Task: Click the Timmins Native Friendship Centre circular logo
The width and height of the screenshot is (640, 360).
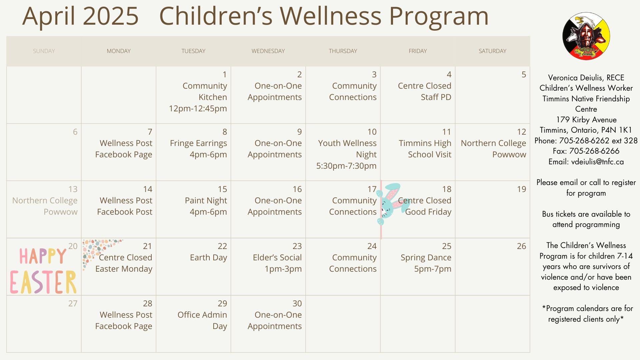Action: pyautogui.click(x=586, y=36)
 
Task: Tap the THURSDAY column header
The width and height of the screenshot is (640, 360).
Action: pyautogui.click(x=343, y=51)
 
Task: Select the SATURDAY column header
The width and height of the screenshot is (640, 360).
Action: pyautogui.click(x=492, y=51)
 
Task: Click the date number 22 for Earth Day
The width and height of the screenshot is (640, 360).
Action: pyautogui.click(x=222, y=246)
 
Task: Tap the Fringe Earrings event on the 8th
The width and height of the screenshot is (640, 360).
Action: pyautogui.click(x=198, y=149)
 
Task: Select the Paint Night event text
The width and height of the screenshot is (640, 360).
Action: pyautogui.click(x=206, y=206)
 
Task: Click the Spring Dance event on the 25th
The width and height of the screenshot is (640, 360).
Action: pyautogui.click(x=426, y=263)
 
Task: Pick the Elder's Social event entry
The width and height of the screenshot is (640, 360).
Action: pyautogui.click(x=277, y=263)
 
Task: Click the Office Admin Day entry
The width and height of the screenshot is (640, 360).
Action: pyautogui.click(x=202, y=320)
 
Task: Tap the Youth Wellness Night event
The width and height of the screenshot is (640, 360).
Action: pyautogui.click(x=346, y=154)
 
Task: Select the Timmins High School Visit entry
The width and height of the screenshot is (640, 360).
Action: pyautogui.click(x=425, y=149)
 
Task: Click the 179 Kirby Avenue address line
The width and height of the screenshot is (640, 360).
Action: pyautogui.click(x=586, y=120)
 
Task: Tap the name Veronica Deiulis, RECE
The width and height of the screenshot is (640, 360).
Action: pyautogui.click(x=586, y=78)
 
